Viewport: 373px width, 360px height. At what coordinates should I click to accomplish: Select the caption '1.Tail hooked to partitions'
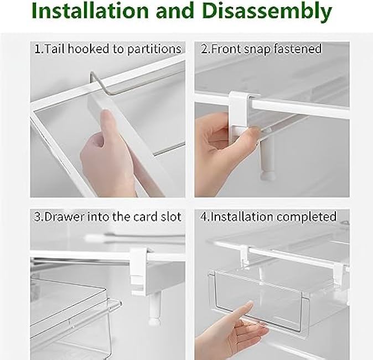point(108,49)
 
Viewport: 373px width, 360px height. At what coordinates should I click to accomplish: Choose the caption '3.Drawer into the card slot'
point(108,216)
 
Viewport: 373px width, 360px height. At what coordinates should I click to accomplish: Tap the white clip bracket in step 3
point(138,271)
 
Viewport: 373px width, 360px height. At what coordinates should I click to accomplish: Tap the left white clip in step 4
point(245,255)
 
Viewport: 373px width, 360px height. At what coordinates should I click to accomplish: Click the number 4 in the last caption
point(204,216)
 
